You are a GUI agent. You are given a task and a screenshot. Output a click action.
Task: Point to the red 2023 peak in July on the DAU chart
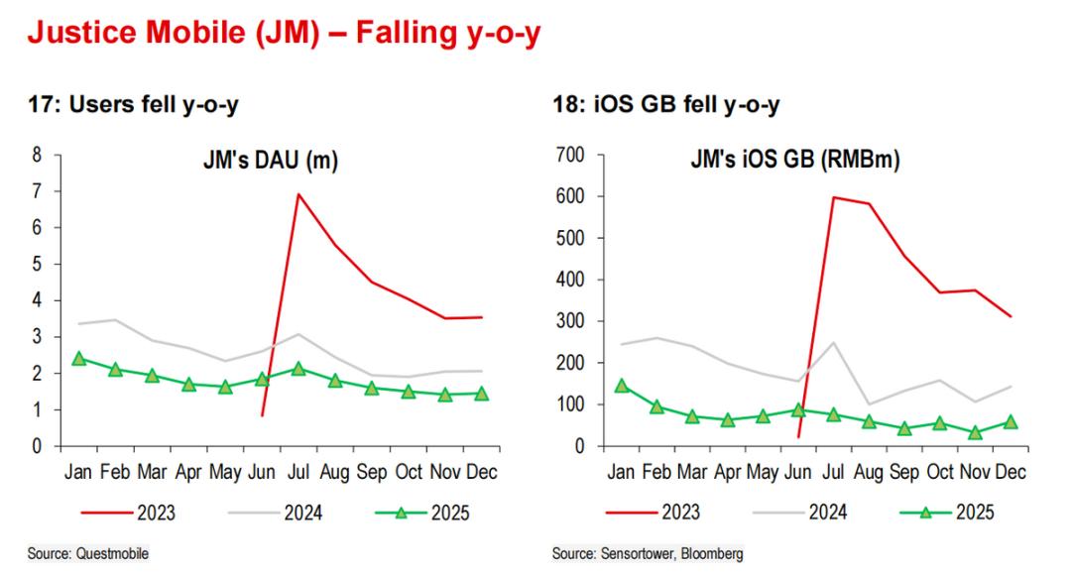point(297,194)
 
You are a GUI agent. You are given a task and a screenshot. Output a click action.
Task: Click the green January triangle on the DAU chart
point(78,359)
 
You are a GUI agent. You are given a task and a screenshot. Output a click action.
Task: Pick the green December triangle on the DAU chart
point(482,394)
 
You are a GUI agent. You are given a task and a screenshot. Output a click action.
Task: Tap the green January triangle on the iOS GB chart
point(622,386)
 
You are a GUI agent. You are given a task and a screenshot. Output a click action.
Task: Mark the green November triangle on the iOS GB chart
point(975,433)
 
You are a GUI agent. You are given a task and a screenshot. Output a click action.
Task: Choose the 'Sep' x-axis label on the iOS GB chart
point(903,472)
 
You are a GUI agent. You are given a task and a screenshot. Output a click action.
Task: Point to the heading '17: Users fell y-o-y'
point(133,106)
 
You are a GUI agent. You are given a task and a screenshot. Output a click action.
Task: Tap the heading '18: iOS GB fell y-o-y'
point(665,106)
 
